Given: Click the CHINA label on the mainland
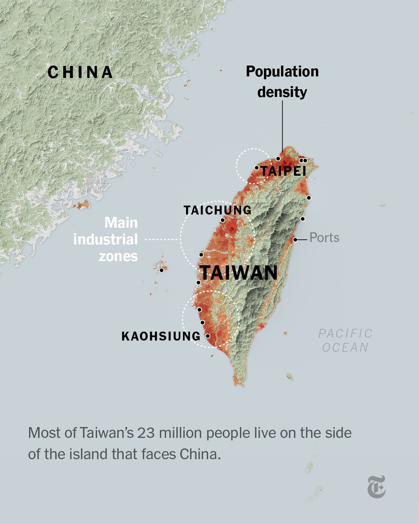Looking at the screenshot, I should (80, 73).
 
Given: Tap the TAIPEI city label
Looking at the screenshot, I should (284, 171).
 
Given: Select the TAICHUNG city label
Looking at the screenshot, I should (217, 210).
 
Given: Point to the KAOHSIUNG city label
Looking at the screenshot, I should (161, 336).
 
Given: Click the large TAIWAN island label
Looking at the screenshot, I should (239, 273).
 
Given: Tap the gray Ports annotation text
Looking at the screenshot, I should (324, 237).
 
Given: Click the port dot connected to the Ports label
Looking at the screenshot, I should (295, 240).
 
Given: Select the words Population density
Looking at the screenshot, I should (282, 82).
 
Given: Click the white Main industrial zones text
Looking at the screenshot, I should (106, 239).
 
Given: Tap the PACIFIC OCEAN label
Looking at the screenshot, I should (345, 340).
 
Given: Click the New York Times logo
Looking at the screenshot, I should (376, 487).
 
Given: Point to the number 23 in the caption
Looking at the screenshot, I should (146, 433).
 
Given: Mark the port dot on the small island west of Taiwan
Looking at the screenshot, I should (161, 270).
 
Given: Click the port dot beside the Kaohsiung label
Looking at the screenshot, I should (208, 336).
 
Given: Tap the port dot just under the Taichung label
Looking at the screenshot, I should (222, 220).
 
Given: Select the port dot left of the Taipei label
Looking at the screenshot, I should (257, 168).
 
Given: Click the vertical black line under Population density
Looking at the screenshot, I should (282, 124).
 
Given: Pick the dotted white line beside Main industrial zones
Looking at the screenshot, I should (161, 240).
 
